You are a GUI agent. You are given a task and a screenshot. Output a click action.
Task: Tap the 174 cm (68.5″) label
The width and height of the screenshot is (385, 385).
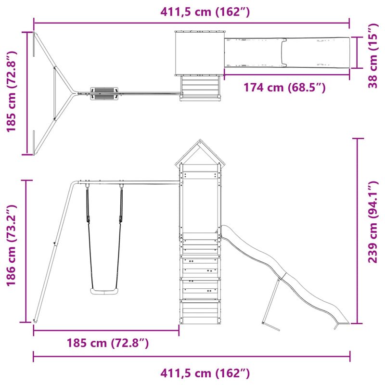coord(284,88)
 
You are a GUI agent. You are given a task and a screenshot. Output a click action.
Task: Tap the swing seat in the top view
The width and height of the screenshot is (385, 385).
coord(104,92)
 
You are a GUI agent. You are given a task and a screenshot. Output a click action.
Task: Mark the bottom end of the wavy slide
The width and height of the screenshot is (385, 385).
coord(341,323)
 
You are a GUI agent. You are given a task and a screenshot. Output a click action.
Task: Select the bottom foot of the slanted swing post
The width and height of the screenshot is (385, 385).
coord(35,320)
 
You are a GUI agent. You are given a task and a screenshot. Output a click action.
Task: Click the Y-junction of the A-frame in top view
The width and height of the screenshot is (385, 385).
coord(72,93)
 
